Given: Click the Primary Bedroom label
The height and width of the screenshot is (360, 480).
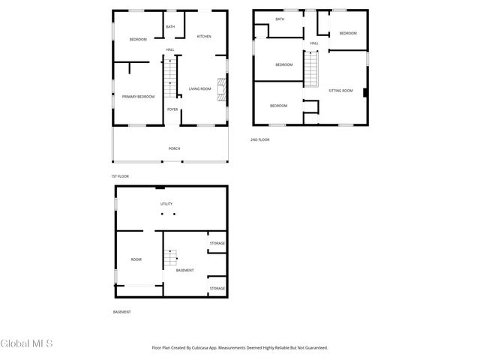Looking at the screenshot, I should (x=138, y=96).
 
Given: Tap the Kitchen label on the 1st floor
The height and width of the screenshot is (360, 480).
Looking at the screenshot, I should (x=204, y=36).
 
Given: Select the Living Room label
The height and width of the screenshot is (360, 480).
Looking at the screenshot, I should (x=199, y=89).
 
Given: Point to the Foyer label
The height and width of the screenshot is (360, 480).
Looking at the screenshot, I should (x=172, y=109).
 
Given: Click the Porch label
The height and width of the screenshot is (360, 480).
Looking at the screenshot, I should (x=174, y=148).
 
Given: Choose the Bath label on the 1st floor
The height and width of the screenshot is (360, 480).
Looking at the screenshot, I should (x=170, y=27).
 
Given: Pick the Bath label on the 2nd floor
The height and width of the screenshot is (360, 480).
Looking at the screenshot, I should (x=280, y=19).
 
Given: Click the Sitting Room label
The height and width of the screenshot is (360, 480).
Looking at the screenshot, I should (x=340, y=91).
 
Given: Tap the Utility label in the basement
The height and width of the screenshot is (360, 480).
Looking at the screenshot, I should (x=166, y=204).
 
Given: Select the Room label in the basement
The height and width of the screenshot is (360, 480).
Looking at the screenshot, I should (x=136, y=259).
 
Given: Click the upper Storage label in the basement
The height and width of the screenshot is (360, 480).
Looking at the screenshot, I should (x=217, y=244).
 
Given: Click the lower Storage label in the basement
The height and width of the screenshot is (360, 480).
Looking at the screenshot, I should (x=217, y=289).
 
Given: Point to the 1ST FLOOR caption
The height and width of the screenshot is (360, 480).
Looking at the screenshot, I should (x=120, y=176).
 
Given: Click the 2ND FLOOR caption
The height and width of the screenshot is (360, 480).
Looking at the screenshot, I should (x=260, y=139).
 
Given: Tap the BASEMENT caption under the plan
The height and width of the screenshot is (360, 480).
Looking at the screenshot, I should (x=122, y=312).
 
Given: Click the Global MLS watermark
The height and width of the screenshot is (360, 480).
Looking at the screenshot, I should (x=27, y=344).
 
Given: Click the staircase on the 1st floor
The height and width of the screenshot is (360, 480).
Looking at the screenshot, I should (x=172, y=79).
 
